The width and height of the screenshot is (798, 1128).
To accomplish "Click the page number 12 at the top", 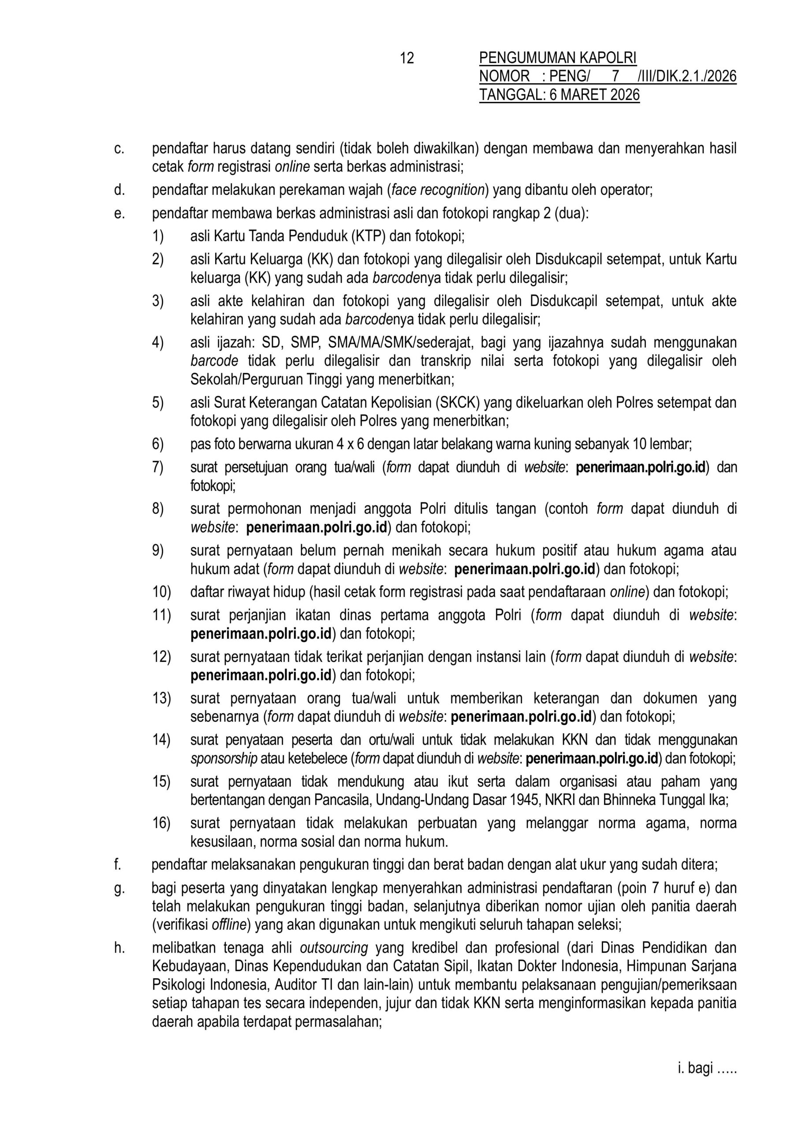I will click(x=407, y=59).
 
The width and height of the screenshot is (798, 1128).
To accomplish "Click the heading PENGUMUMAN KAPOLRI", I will click(x=558, y=59).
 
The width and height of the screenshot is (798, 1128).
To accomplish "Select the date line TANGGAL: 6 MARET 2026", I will click(x=559, y=94).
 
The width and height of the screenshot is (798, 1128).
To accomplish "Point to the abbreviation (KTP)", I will click(x=368, y=236).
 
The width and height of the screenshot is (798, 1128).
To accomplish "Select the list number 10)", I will click(x=161, y=592).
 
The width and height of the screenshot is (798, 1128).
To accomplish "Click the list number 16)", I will click(x=161, y=823).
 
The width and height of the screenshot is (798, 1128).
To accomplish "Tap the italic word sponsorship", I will click(x=224, y=759).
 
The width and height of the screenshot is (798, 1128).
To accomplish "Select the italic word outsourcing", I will click(x=334, y=947).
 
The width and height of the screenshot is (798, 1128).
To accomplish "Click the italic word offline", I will click(x=229, y=925).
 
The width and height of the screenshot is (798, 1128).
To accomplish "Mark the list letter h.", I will click(x=119, y=947).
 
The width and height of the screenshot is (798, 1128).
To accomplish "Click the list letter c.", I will click(x=119, y=148).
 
